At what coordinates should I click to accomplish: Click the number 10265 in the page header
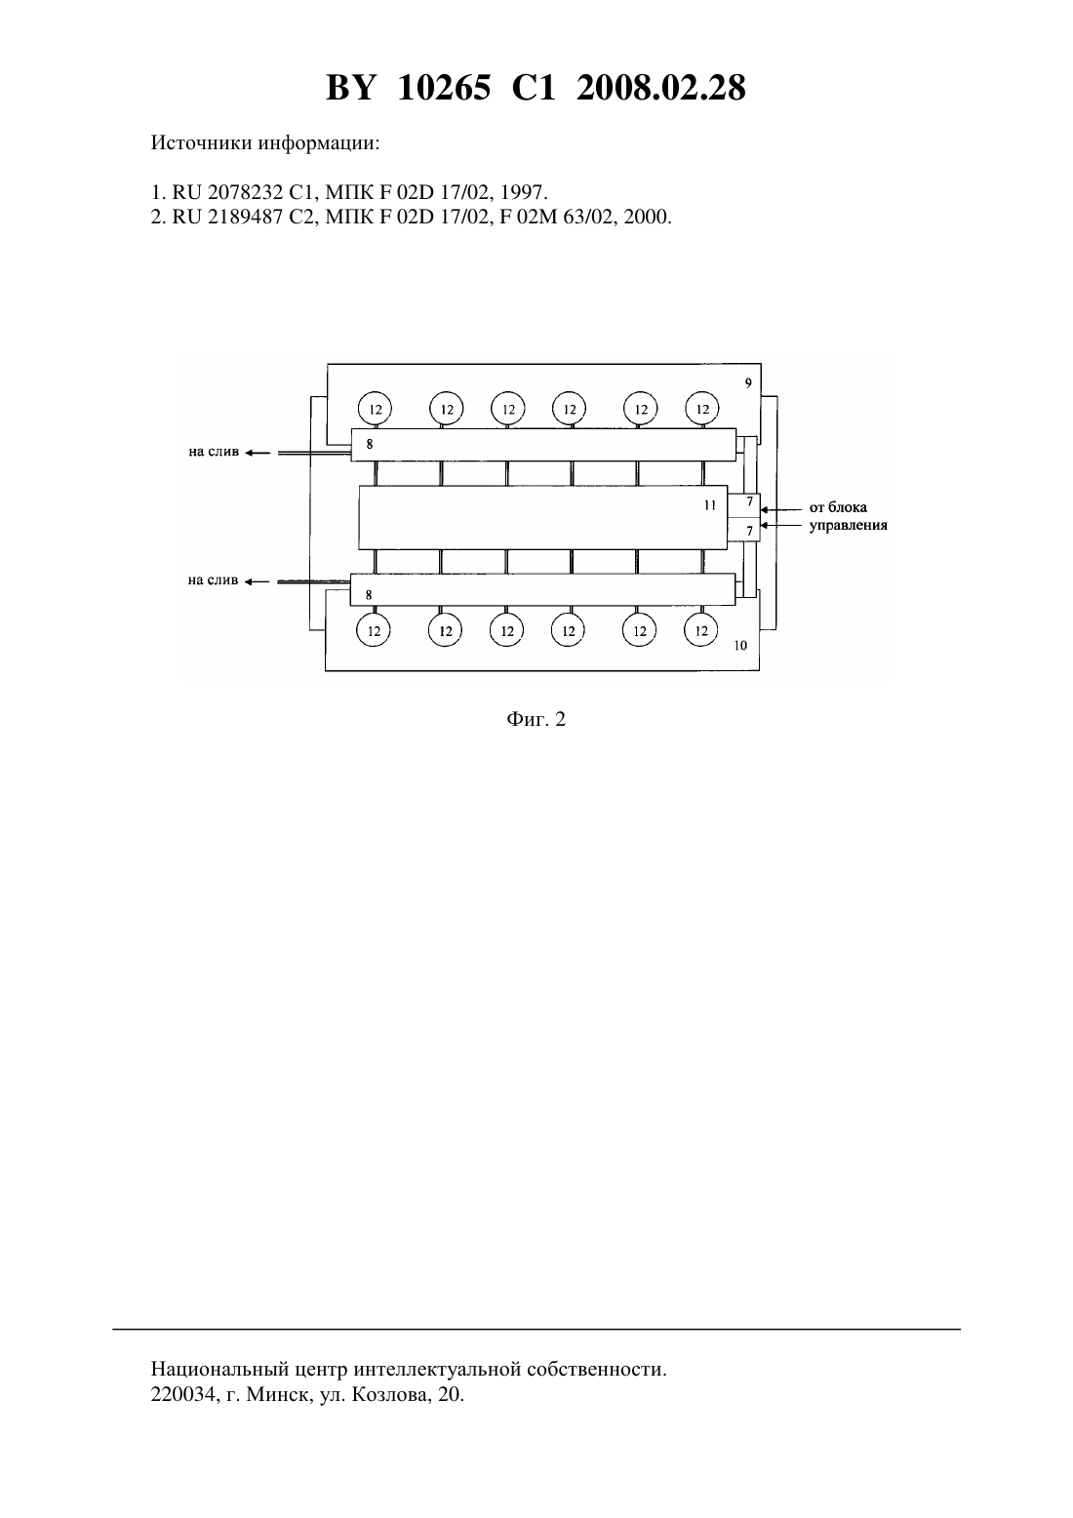(x=444, y=88)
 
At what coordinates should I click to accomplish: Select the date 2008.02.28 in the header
(x=661, y=88)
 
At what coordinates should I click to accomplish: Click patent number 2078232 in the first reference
(x=245, y=192)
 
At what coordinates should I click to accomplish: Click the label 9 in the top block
(x=748, y=382)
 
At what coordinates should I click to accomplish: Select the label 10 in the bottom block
(x=740, y=645)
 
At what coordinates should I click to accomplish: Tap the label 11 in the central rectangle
(x=710, y=505)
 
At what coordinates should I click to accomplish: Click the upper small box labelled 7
(x=743, y=505)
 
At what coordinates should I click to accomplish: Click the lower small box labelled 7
(x=743, y=530)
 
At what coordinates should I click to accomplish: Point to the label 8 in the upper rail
(x=369, y=445)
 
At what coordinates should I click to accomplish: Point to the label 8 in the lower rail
(x=369, y=595)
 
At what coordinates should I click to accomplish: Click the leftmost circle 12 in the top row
(x=376, y=409)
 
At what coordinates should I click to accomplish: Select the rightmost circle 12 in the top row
(x=702, y=409)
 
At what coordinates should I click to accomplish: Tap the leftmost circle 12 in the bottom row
(x=374, y=631)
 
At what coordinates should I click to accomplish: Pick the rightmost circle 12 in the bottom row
(x=701, y=631)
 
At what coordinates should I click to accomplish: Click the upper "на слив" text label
(x=214, y=452)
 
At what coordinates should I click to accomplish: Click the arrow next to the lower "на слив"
(x=258, y=581)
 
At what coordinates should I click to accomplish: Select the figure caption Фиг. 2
(x=536, y=719)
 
